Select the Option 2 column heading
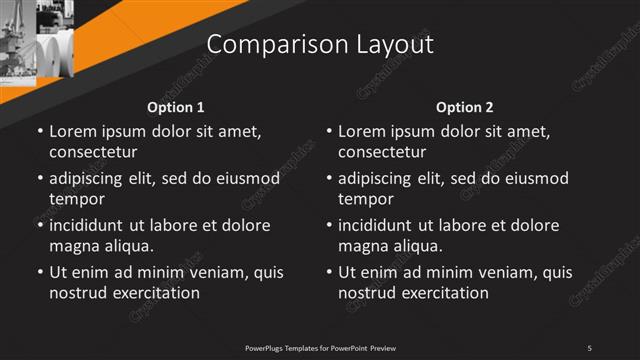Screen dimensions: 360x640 pos(465,107)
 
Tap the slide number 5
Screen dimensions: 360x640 pos(590,347)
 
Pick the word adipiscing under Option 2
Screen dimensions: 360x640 pos(379,178)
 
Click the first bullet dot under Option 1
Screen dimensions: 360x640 pos(40,132)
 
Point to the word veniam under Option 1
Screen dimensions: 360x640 pos(204,272)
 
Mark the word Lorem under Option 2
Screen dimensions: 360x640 pos(361,131)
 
